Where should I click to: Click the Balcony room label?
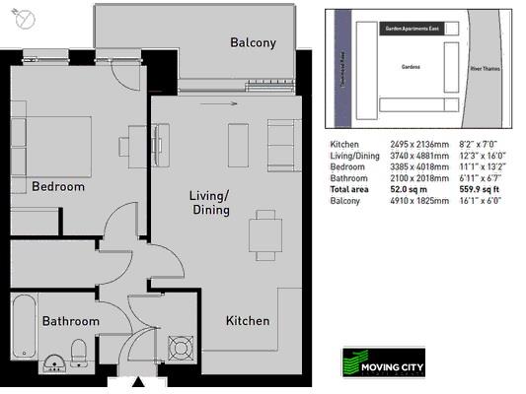pyautogui.click(x=253, y=42)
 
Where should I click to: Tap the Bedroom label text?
pyautogui.click(x=58, y=186)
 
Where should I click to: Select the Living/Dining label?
pyautogui.click(x=209, y=202)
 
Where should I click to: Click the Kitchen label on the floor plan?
pyautogui.click(x=248, y=321)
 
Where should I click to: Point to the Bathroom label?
pyautogui.click(x=70, y=321)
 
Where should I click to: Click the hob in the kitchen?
pyautogui.click(x=182, y=349)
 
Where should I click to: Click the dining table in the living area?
pyautogui.click(x=263, y=234)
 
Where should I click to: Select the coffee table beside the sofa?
pyautogui.click(x=237, y=144)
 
